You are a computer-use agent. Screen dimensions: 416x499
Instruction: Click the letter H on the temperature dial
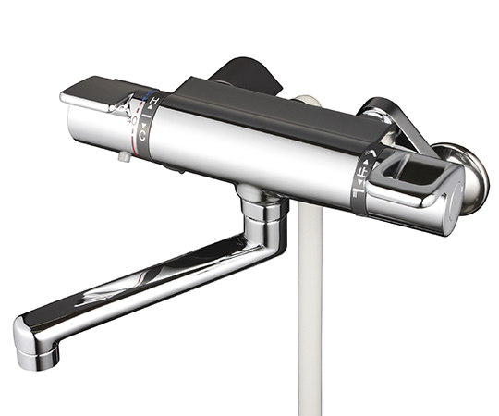tap(154, 101)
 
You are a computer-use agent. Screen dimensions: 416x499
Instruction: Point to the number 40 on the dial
tap(133, 120)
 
